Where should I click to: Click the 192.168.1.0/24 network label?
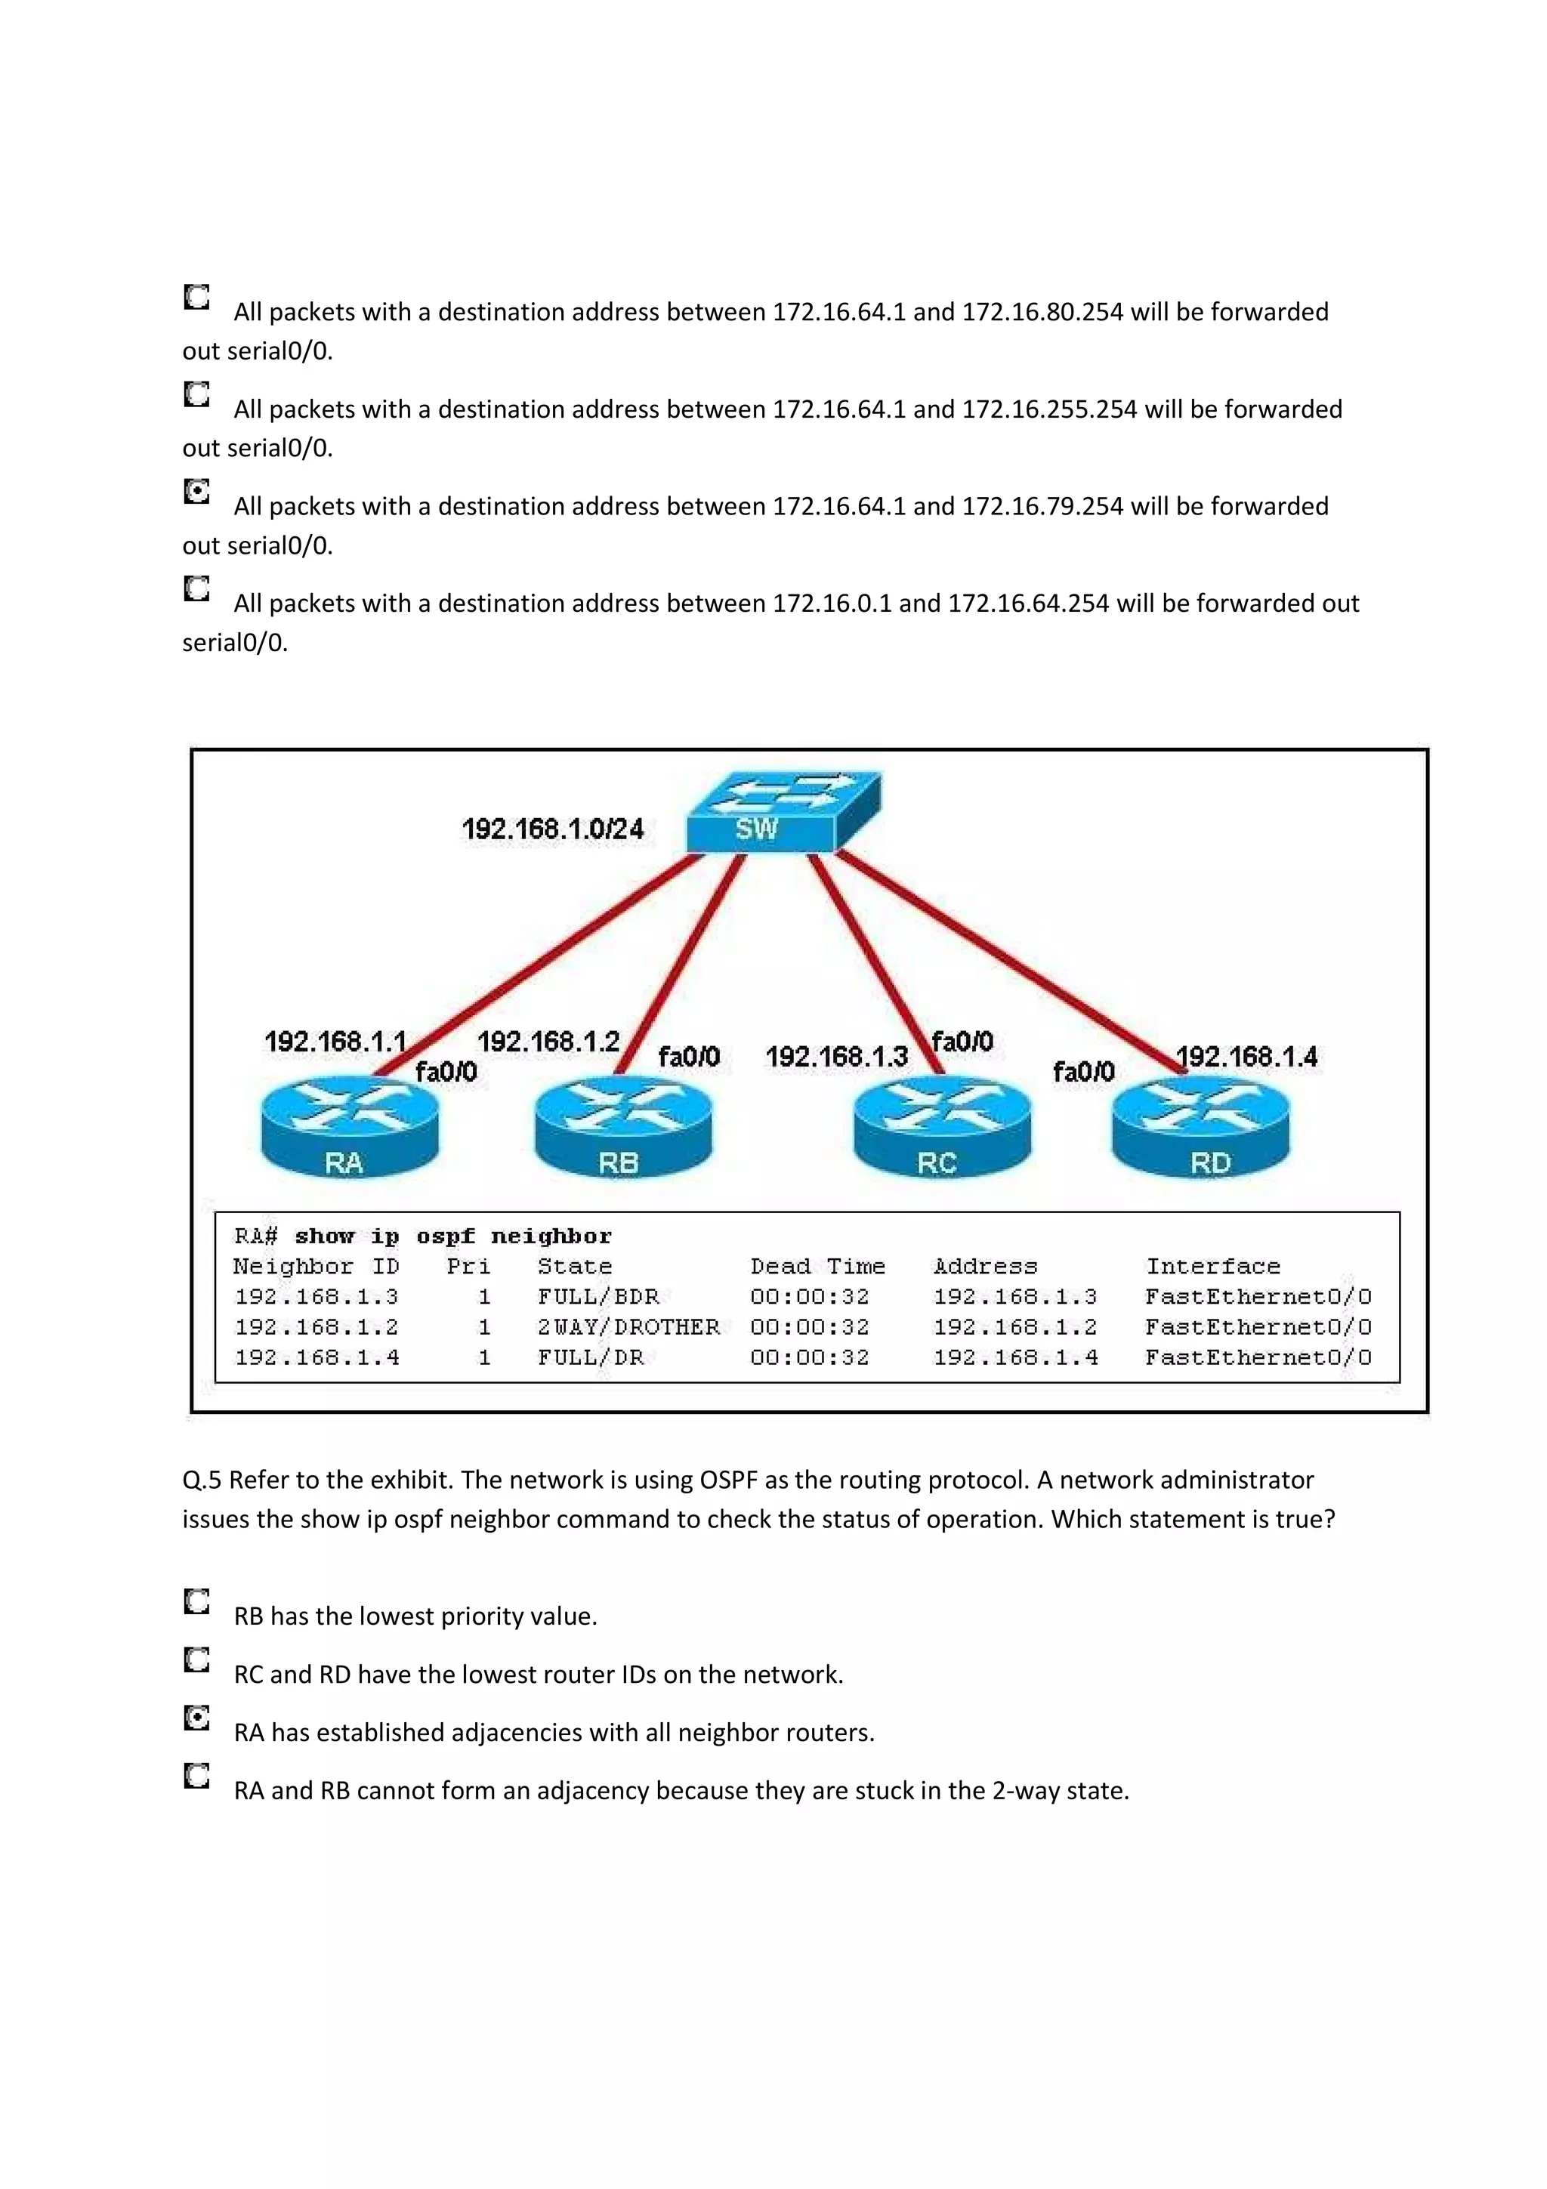tap(553, 829)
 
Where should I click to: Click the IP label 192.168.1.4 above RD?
tap(1247, 1057)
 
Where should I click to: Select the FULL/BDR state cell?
tap(597, 1297)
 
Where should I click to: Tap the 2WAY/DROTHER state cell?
tap(628, 1327)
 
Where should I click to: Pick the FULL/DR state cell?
tap(590, 1357)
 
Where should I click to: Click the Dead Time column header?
tap(817, 1266)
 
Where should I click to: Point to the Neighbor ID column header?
tap(316, 1266)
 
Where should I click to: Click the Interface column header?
tap(1212, 1266)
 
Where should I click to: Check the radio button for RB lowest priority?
tap(196, 1601)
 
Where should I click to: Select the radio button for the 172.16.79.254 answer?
tap(196, 492)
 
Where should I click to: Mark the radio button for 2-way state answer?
tap(196, 1776)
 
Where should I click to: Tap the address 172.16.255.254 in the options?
tap(1049, 409)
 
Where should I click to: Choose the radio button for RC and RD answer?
tap(196, 1660)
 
